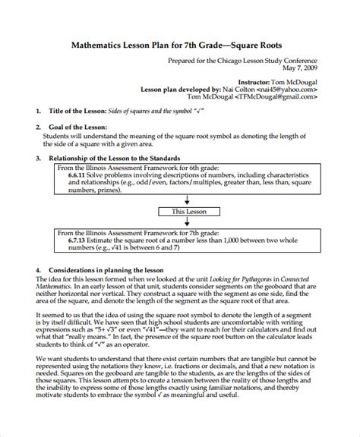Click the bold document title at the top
click(180, 45)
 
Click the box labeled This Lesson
click(188, 211)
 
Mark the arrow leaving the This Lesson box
click(188, 222)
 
